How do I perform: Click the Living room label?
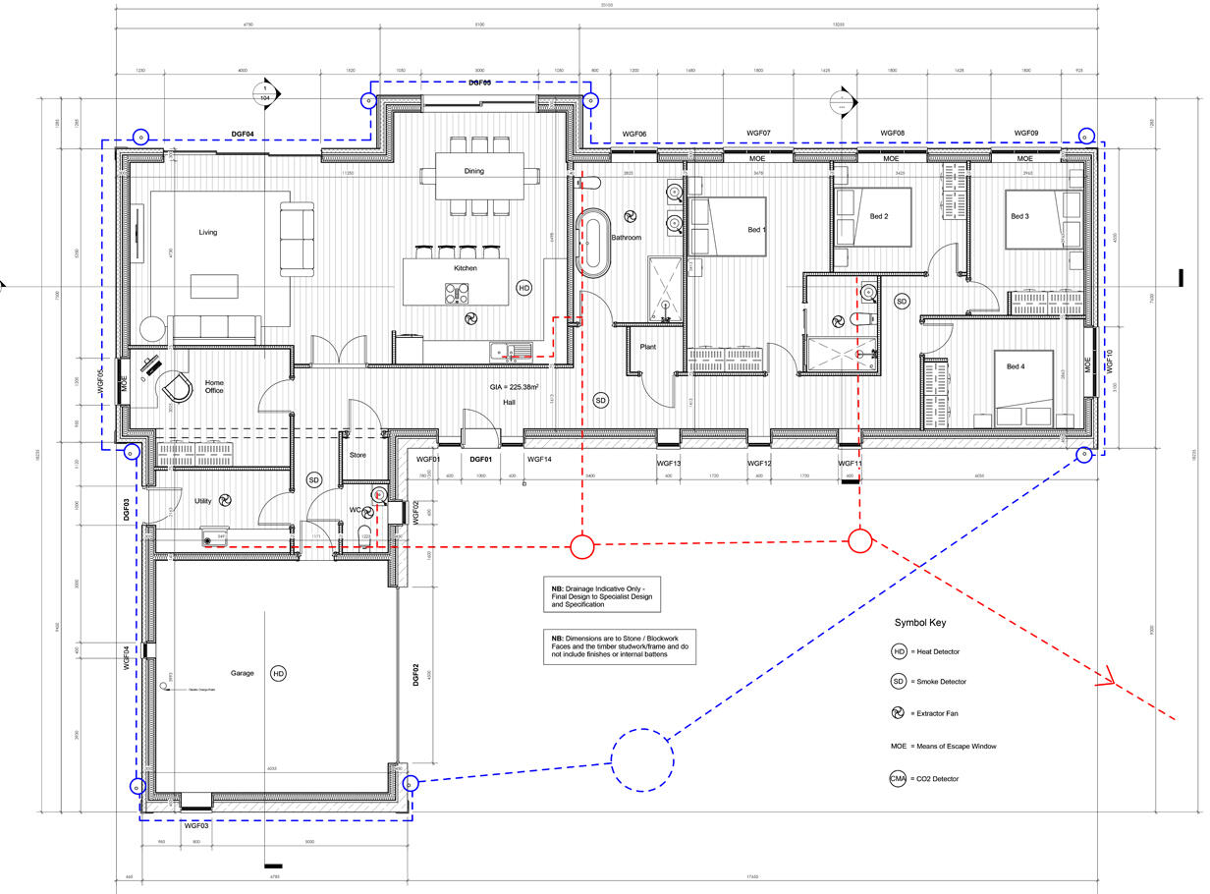207,233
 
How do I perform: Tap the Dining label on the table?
474,171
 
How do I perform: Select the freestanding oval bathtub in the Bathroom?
592,242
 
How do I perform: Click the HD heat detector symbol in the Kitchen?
524,288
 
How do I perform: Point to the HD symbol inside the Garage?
278,674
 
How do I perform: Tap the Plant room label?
648,347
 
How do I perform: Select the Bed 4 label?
1017,367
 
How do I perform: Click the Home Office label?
214,385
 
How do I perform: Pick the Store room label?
358,455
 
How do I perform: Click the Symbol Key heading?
920,623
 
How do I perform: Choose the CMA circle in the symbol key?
898,779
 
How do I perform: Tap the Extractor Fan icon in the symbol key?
898,714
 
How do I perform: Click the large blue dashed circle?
643,759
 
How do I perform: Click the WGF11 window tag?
850,464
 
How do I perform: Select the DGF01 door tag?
480,459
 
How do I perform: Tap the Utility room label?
203,501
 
